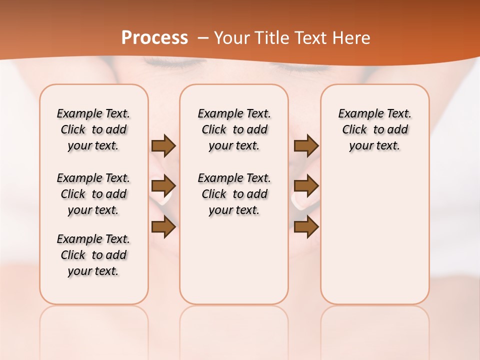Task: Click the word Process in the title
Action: pyautogui.click(x=154, y=38)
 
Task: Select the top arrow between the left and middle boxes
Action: pyautogui.click(x=163, y=145)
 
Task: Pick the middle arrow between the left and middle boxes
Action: pyautogui.click(x=163, y=186)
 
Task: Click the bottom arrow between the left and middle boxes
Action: pyautogui.click(x=163, y=227)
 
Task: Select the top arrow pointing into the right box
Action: pyautogui.click(x=306, y=145)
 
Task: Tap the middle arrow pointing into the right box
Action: pyautogui.click(x=306, y=186)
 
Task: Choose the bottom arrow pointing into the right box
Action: pyautogui.click(x=306, y=227)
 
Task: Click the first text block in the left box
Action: pyautogui.click(x=93, y=129)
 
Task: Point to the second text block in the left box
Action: pyautogui.click(x=93, y=194)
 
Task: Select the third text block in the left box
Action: pyautogui.click(x=93, y=255)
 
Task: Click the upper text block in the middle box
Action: pyautogui.click(x=234, y=129)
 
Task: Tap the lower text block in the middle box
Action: pyautogui.click(x=234, y=194)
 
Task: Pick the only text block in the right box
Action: pyautogui.click(x=375, y=129)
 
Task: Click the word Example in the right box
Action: pyautogui.click(x=357, y=114)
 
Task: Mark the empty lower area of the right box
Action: pyautogui.click(x=375, y=235)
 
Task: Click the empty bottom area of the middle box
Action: pyautogui.click(x=234, y=265)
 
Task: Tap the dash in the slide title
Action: pyautogui.click(x=203, y=38)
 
